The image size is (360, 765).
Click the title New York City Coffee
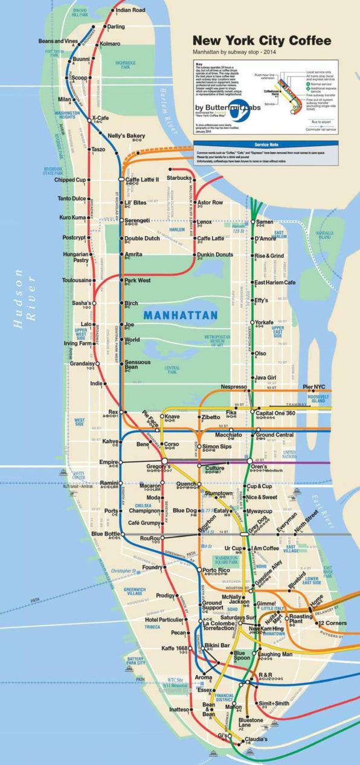point(262,41)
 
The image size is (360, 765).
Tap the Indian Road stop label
point(130,10)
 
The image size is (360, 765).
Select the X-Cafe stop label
point(100,118)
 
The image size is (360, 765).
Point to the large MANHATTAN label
point(180,315)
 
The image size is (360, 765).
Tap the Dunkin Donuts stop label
point(215,255)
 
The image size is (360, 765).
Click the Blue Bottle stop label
point(105,534)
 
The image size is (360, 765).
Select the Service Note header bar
point(266,145)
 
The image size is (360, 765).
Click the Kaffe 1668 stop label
point(175,648)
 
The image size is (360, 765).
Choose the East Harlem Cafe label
point(275,283)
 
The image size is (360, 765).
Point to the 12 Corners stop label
point(332,623)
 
